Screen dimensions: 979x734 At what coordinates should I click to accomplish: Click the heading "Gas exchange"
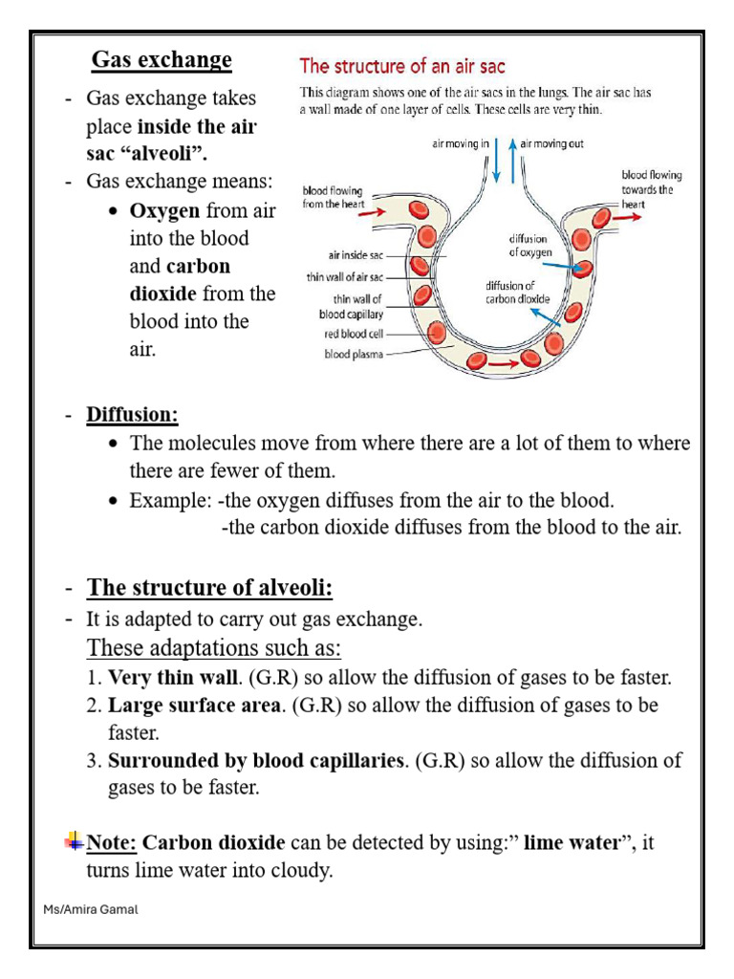(x=162, y=60)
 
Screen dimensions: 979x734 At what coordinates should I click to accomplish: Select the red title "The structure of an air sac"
(x=402, y=66)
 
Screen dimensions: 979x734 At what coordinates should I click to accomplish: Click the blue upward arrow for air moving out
(x=512, y=160)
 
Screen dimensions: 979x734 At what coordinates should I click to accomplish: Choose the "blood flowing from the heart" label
(x=333, y=197)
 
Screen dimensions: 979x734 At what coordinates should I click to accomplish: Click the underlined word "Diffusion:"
(x=133, y=416)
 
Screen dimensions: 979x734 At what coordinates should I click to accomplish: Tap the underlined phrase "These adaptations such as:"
(x=214, y=648)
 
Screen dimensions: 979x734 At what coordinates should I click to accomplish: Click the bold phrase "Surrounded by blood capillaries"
(x=257, y=762)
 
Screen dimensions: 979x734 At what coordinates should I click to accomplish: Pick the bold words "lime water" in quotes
(x=577, y=843)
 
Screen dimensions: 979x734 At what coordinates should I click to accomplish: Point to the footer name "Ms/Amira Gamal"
(x=92, y=909)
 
